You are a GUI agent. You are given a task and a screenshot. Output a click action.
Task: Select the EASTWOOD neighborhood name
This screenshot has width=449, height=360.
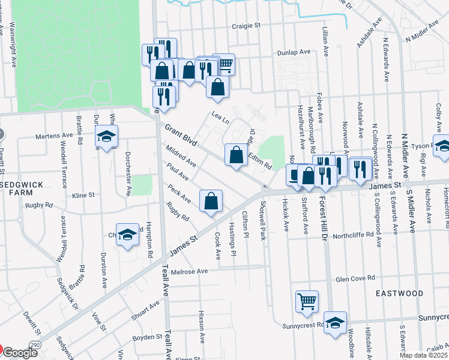click(400, 293)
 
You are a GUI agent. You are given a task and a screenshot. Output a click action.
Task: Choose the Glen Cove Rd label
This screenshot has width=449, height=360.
click(355, 278)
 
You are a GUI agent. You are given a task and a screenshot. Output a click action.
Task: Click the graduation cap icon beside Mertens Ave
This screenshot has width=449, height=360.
click(106, 137)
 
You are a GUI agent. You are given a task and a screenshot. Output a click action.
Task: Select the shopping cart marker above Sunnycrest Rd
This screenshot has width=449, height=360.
click(307, 301)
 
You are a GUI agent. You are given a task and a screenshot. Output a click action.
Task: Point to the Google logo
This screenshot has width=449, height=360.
click(19, 353)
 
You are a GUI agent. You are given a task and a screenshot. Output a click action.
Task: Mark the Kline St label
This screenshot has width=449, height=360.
click(83, 195)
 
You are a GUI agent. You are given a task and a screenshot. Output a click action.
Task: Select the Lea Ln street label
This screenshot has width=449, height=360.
click(220, 116)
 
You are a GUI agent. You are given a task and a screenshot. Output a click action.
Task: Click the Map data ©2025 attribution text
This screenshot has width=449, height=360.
click(424, 355)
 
